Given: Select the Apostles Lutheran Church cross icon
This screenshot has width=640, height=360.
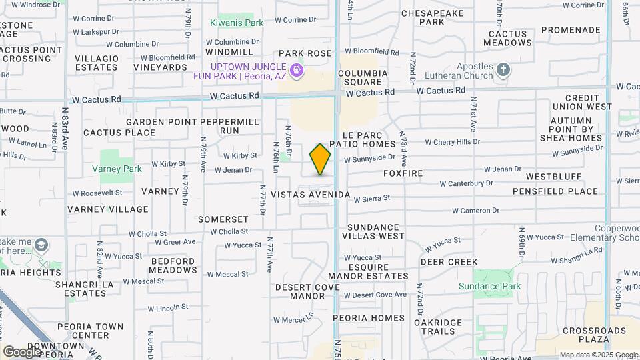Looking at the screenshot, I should [503, 69].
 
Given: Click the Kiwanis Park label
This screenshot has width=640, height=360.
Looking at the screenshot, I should [237, 23].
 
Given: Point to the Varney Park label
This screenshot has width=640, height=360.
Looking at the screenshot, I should [117, 169].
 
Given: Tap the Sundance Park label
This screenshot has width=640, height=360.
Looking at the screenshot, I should [489, 287].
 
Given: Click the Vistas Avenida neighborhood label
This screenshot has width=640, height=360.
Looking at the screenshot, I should [311, 195].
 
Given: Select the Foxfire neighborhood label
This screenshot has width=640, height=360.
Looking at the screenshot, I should [403, 173].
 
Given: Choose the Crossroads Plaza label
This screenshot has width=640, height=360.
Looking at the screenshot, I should [595, 335].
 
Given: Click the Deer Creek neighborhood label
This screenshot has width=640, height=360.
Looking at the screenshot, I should [449, 262].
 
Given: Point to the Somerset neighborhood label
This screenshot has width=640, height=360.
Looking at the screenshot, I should [223, 219].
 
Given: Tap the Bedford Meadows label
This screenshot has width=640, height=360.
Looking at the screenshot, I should [173, 265].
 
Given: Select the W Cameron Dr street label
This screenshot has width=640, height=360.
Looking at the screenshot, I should [475, 211].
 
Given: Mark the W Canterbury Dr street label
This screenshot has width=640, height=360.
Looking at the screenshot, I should [466, 183].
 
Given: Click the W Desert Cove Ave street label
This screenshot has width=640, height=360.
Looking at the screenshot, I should [375, 295].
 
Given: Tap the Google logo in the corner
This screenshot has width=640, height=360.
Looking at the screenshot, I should [22, 351].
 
